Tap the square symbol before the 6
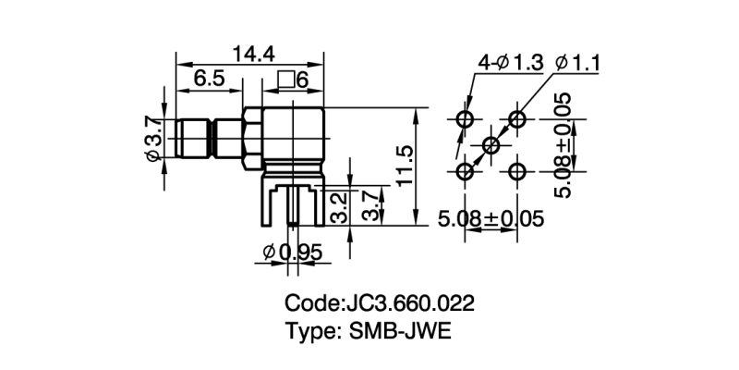(x=285, y=81)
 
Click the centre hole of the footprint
(x=491, y=145)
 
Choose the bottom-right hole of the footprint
(x=518, y=171)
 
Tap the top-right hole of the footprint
(x=518, y=119)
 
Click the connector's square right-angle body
(x=291, y=139)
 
